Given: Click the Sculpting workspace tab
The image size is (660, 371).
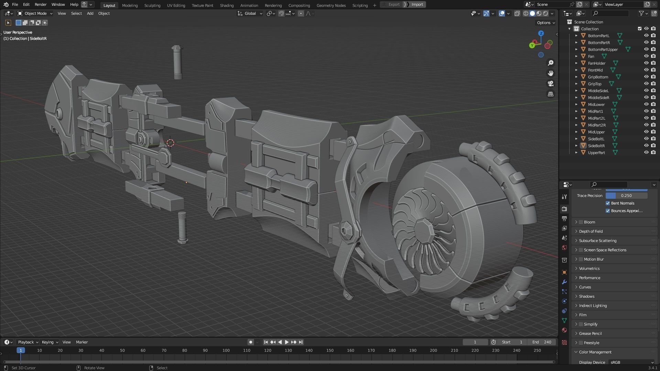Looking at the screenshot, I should (x=152, y=5).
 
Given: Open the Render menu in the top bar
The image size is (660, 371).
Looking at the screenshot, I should (x=41, y=4).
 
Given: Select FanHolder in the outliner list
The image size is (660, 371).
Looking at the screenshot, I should (x=596, y=63).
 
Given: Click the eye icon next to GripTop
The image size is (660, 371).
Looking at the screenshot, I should (x=646, y=84).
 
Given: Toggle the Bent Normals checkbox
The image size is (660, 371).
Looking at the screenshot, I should (x=608, y=203).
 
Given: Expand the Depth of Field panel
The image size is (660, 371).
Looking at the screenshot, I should (x=591, y=231).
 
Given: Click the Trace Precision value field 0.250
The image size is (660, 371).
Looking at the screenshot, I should (x=626, y=196).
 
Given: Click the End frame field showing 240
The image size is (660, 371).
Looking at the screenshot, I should (x=542, y=342).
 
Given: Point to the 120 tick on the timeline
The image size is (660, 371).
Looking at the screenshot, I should (x=268, y=350).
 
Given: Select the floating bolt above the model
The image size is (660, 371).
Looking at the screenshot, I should (x=177, y=62).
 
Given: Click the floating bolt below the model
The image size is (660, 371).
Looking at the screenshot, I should (x=182, y=227).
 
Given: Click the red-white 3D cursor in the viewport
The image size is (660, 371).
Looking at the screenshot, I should (x=170, y=143).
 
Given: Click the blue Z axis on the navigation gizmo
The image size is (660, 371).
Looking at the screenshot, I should (x=541, y=33).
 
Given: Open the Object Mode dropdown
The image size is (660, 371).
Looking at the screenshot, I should (x=35, y=13).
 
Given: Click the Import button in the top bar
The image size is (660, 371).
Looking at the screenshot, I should (x=417, y=4).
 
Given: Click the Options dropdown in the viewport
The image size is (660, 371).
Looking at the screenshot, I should (x=546, y=23).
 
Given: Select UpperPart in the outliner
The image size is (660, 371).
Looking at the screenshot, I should (x=596, y=153).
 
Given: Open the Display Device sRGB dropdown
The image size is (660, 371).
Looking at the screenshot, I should (x=631, y=362).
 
